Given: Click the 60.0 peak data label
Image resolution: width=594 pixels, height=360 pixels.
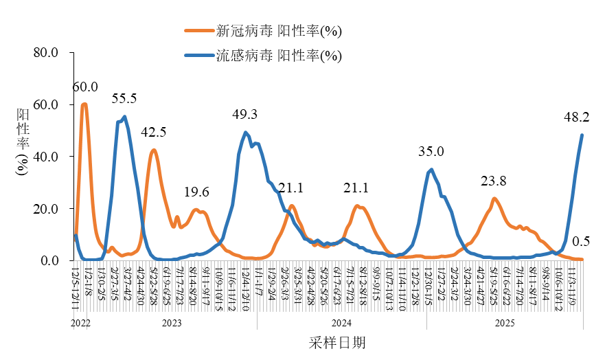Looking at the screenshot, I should (86, 87).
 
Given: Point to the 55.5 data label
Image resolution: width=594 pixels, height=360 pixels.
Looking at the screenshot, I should (124, 99).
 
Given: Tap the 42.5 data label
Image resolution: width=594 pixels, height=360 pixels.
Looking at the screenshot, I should (154, 132).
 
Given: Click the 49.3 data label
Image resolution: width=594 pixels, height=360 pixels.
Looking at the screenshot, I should (245, 114).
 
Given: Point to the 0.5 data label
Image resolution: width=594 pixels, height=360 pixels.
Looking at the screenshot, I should (581, 242).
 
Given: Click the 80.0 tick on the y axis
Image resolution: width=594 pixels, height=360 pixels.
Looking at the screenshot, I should (48, 53).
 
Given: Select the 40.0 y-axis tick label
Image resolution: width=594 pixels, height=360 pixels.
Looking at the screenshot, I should (48, 157).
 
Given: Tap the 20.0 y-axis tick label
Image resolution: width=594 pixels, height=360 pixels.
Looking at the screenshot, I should (48, 209).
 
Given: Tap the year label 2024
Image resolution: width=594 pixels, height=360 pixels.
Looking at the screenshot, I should (341, 322).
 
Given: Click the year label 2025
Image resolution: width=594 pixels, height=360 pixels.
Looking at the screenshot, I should (505, 322).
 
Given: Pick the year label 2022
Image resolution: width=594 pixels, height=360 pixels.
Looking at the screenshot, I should (80, 322).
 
